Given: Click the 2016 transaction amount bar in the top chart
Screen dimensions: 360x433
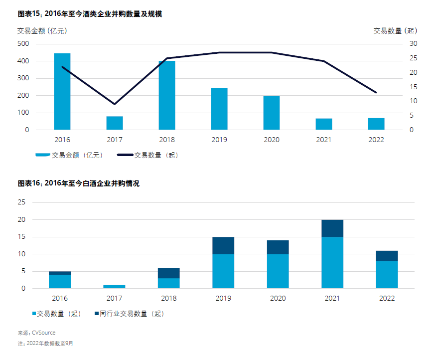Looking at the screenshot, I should pyautogui.click(x=62, y=91).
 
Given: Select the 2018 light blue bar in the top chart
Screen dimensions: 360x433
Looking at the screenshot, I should pyautogui.click(x=167, y=95).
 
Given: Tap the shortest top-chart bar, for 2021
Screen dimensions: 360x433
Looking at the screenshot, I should pyautogui.click(x=324, y=124).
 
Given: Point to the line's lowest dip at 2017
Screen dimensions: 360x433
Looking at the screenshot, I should pyautogui.click(x=115, y=104).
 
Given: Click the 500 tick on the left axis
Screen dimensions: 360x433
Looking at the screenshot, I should pyautogui.click(x=23, y=44).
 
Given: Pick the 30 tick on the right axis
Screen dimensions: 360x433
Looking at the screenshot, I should pyautogui.click(x=414, y=44).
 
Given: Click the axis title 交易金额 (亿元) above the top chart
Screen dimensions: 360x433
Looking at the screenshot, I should pyautogui.click(x=42, y=31).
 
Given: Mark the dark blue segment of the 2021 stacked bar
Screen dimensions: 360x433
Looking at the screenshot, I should pyautogui.click(x=332, y=228).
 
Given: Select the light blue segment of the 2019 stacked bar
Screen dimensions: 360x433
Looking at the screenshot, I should pyautogui.click(x=223, y=271).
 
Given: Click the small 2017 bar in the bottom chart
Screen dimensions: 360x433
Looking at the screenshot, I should pyautogui.click(x=115, y=287).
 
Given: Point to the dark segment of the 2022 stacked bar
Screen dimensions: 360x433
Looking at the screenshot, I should pyautogui.click(x=387, y=256).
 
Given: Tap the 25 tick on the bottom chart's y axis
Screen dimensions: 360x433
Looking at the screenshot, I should pyautogui.click(x=21, y=202).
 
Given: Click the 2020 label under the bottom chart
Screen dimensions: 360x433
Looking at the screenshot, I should pyautogui.click(x=278, y=298).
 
